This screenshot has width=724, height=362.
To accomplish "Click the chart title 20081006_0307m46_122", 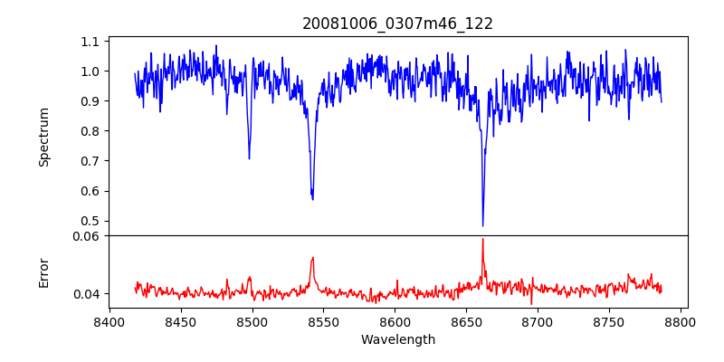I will pyautogui.click(x=397, y=24).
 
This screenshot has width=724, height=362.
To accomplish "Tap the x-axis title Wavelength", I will pyautogui.click(x=397, y=340).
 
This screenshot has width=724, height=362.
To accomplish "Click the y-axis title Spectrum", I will pyautogui.click(x=43, y=137).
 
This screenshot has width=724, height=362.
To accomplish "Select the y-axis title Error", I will pyautogui.click(x=43, y=272).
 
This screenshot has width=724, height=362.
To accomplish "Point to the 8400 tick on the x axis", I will pyautogui.click(x=110, y=321).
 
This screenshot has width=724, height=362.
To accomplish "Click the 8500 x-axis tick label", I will pyautogui.click(x=252, y=321).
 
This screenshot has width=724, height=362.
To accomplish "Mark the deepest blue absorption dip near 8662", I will pyautogui.click(x=482, y=225).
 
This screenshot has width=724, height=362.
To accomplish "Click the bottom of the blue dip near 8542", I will pyautogui.click(x=312, y=198).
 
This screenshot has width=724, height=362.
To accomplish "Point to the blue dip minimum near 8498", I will pyautogui.click(x=249, y=158).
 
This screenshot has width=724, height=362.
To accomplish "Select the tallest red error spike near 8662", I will pyautogui.click(x=482, y=239).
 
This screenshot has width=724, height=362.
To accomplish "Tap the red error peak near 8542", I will pyautogui.click(x=312, y=258).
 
